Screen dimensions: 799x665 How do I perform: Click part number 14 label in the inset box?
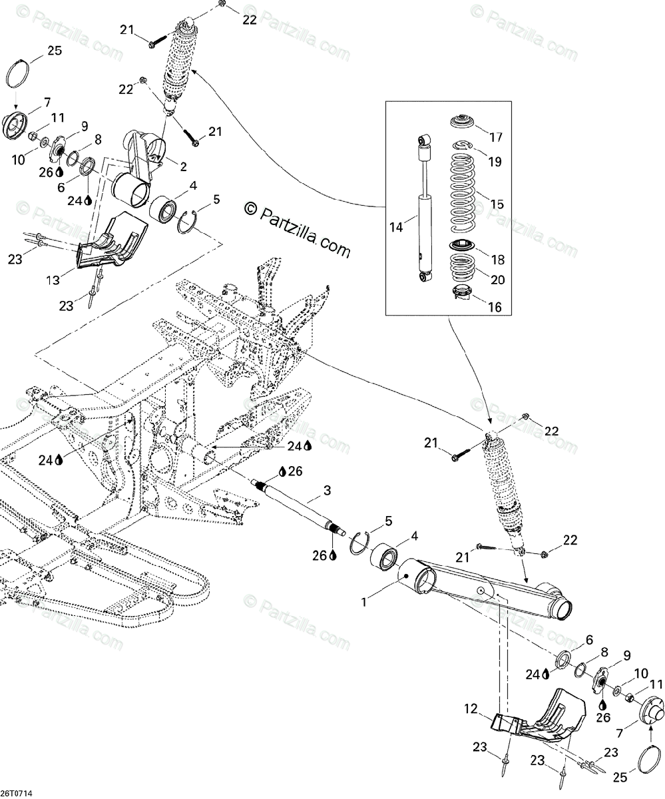pos(397,227)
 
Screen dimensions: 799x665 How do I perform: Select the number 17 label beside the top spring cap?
pos(497,138)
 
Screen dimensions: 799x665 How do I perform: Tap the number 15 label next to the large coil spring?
pos(497,204)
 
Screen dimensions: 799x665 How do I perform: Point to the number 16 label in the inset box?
pos(495,308)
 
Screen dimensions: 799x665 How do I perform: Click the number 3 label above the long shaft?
pos(327,491)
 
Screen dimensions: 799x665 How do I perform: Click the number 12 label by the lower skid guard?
pos(471,710)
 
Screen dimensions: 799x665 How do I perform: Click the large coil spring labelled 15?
pos(463,190)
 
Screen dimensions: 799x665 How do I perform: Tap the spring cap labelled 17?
pos(463,123)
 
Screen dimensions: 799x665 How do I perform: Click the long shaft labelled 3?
pos(300,506)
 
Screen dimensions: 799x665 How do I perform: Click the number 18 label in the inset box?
pos(497,260)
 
